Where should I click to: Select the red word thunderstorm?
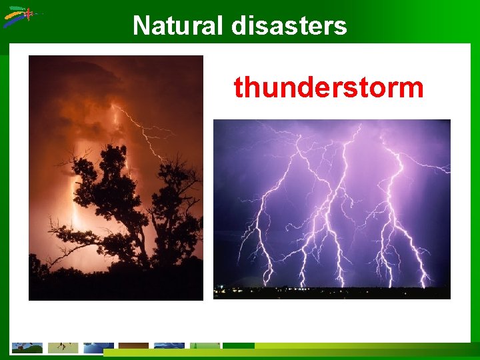[328, 87]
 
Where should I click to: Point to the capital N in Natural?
[141, 26]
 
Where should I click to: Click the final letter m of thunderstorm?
[413, 88]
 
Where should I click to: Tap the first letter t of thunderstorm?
[238, 87]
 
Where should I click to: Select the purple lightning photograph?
[331, 209]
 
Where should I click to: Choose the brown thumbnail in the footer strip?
[133, 347]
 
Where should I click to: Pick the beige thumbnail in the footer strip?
[63, 347]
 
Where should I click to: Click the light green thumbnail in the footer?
[205, 347]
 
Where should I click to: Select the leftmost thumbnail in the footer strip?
[27, 347]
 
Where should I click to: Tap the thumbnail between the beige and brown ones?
[98, 347]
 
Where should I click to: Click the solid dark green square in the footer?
[238, 347]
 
